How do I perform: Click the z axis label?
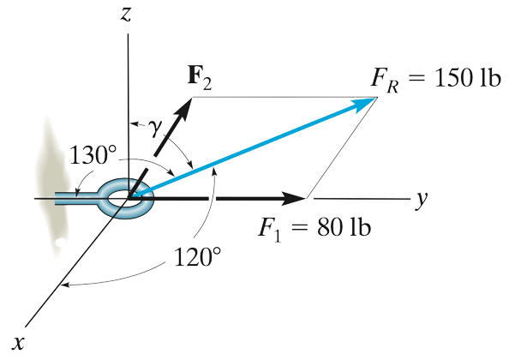pyautogui.click(x=128, y=15)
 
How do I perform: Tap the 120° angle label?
pyautogui.click(x=197, y=255)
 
